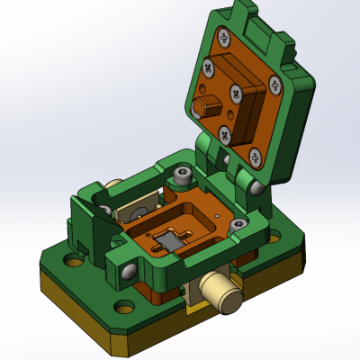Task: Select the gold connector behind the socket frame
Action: coord(114,189)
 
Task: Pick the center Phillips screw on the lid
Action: coord(235,93)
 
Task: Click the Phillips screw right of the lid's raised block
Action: coord(274,84)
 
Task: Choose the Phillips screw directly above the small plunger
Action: coord(208,67)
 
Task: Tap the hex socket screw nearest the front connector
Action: coord(238,226)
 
